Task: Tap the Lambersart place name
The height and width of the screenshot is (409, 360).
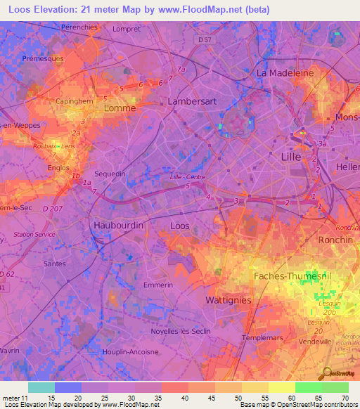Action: (191, 102)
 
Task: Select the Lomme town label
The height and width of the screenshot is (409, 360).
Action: (119, 109)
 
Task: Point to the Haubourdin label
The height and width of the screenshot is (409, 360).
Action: (118, 226)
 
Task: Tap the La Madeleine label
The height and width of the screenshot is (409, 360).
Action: (284, 72)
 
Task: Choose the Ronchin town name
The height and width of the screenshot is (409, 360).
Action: (335, 240)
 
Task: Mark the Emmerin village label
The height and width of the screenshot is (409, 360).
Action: (157, 285)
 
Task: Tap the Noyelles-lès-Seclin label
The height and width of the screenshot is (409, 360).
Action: (181, 331)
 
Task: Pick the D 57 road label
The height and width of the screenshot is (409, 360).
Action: (205, 41)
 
